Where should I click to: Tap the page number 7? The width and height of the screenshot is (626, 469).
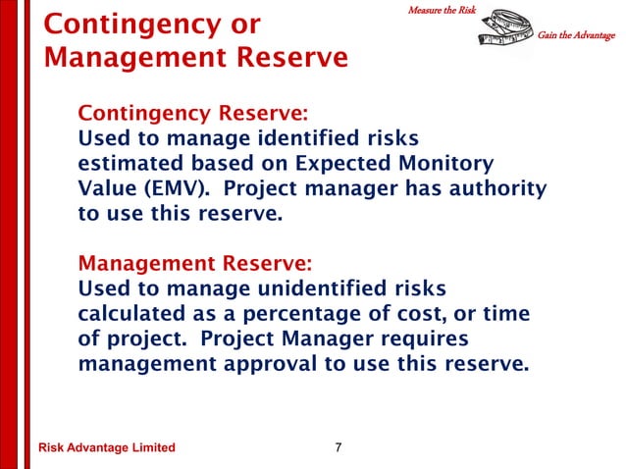[x=339, y=448]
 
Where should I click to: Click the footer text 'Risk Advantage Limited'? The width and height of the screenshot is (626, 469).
[x=106, y=448]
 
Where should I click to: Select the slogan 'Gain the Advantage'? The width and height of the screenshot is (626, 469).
[x=577, y=36]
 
